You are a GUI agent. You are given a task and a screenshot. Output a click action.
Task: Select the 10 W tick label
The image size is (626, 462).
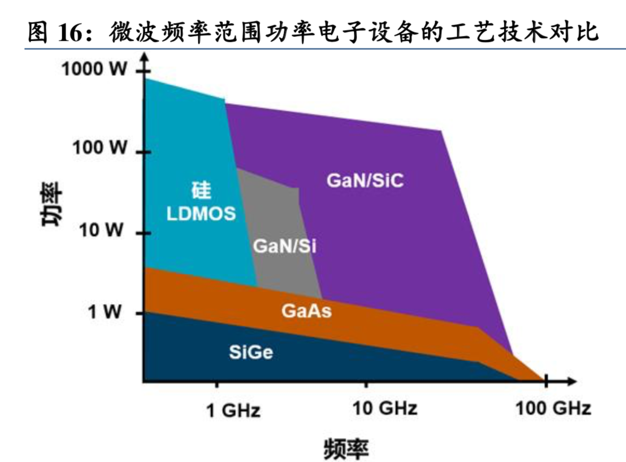coord(103,232)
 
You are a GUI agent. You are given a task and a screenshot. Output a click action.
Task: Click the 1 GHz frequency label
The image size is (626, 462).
coord(233,411)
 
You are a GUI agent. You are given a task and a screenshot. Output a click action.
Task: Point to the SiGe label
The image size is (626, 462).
coord(251,352)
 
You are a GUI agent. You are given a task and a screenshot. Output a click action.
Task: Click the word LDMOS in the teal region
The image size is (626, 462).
coord(201,214)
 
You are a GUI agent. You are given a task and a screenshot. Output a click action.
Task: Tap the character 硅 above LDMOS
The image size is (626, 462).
coord(201,191)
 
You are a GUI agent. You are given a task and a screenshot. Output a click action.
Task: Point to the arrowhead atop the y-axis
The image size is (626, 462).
coord(143,61)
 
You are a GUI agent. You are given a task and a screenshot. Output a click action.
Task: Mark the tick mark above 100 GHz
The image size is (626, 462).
coord(546,382)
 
